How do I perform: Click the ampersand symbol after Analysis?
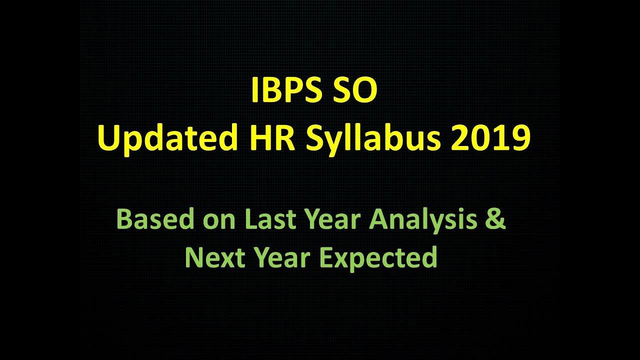[x=495, y=220]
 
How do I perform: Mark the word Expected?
[x=378, y=258]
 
